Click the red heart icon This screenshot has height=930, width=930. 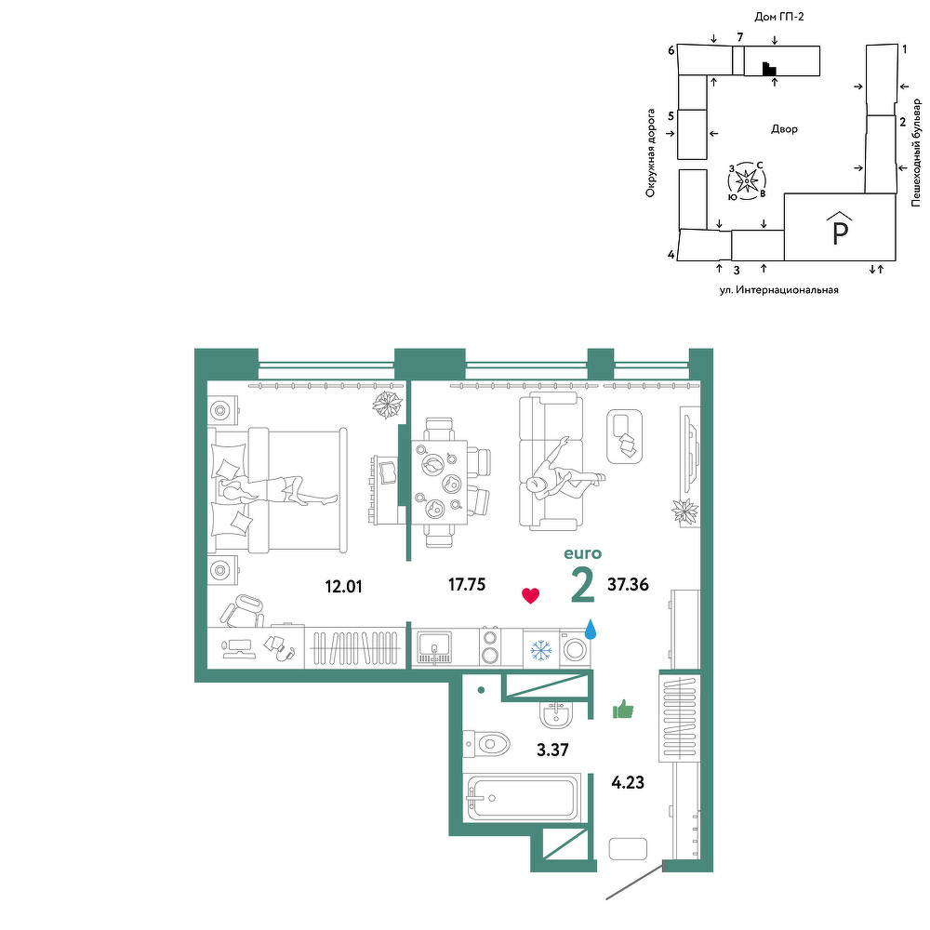[530, 595]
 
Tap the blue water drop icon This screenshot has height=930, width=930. [591, 630]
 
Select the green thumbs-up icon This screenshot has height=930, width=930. [623, 709]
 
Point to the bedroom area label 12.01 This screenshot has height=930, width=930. [343, 587]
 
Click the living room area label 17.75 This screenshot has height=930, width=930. [467, 585]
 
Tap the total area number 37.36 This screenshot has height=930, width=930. [628, 585]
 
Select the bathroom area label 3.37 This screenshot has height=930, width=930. [552, 750]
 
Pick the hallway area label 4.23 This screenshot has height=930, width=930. [628, 782]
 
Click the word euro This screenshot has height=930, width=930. [582, 553]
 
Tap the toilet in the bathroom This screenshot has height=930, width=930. [486, 743]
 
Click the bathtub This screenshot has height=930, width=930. [522, 797]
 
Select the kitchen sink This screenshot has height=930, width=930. [434, 647]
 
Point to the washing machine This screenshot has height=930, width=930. [575, 649]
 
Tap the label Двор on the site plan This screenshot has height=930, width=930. [784, 128]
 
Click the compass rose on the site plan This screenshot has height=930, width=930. [747, 179]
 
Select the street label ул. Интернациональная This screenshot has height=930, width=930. [778, 290]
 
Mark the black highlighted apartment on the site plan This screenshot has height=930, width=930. [769, 69]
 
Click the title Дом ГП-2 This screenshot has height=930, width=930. [778, 17]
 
